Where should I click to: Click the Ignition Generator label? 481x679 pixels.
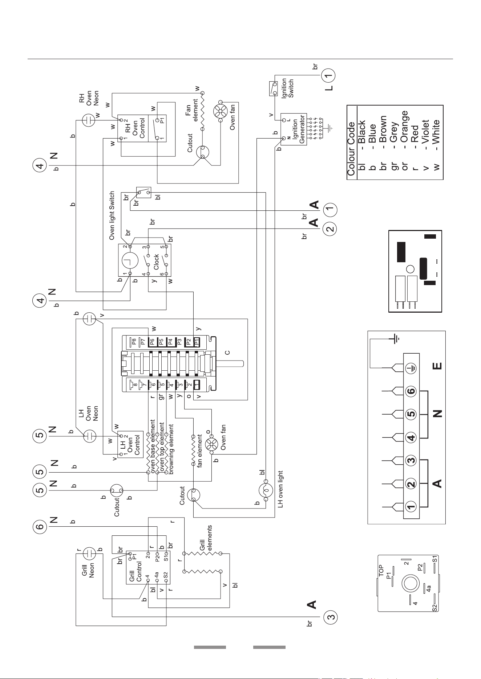click(298, 129)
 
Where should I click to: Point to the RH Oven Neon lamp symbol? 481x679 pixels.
click(88, 120)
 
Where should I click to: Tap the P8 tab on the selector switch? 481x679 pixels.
click(134, 342)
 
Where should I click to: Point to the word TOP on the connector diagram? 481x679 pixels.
click(381, 571)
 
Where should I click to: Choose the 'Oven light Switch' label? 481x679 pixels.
click(112, 216)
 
